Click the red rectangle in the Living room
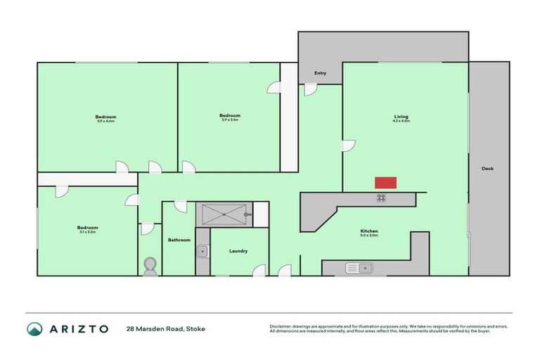point(385,183)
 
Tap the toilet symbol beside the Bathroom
point(150,265)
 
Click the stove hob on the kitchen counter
point(381,198)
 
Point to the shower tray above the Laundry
point(223,214)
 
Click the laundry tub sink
point(202,250)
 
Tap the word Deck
point(487,168)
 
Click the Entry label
point(320,73)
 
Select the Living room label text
point(401,116)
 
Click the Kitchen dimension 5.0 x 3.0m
point(369,236)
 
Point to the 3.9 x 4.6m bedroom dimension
point(105,121)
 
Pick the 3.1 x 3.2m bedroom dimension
point(87,231)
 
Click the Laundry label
point(238,251)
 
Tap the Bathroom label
point(179,240)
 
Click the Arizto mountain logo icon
point(34,328)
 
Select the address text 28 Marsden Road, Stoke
point(166,328)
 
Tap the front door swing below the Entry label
point(310,89)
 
